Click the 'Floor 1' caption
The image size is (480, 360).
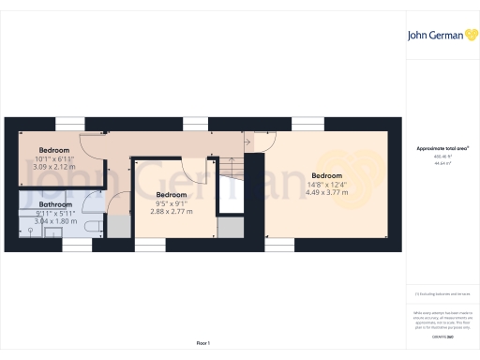pyautogui.click(x=202, y=344)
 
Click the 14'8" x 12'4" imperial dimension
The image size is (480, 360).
pyautogui.click(x=326, y=185)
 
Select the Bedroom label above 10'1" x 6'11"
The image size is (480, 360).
pyautogui.click(x=54, y=151)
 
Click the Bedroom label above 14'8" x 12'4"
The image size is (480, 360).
pyautogui.click(x=326, y=176)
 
